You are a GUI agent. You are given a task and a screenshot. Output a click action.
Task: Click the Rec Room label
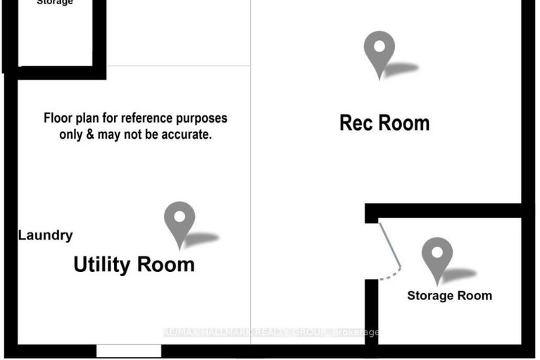coord(384,123)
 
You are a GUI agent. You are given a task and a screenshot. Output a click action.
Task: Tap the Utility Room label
coord(134,265)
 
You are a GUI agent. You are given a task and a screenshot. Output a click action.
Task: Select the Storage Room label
coord(449,296)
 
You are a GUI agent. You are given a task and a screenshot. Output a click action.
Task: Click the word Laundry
coord(45,235)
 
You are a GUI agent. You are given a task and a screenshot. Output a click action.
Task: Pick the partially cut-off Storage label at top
coord(54,3)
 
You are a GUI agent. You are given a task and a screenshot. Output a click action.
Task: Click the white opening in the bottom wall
coord(129,351)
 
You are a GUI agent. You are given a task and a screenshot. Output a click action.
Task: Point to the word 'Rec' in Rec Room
coord(356,123)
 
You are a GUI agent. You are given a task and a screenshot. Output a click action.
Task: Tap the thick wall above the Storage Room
coord(444,211)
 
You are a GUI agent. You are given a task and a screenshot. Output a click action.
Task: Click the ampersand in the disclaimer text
coord(87,134)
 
